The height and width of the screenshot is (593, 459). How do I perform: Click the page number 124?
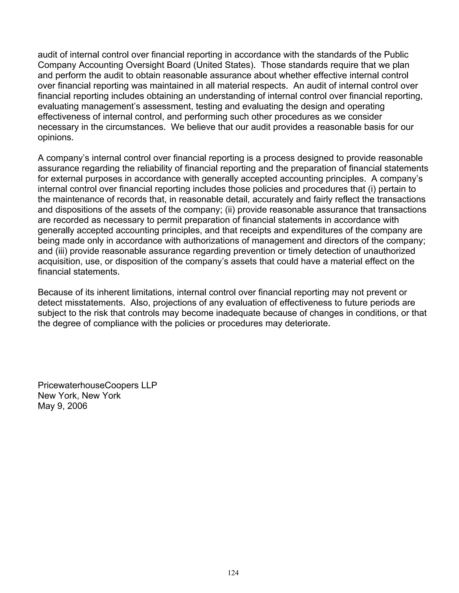coord(233,573)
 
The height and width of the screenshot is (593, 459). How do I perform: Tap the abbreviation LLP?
coord(149,385)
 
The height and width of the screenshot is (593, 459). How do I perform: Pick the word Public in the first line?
coord(396,55)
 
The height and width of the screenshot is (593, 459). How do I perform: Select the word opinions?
coord(56,138)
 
